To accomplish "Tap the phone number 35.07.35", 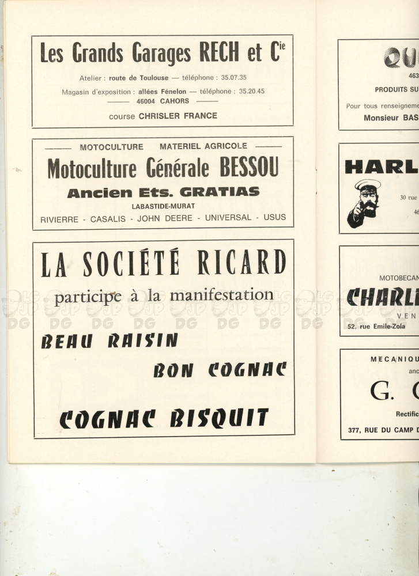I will [234, 78].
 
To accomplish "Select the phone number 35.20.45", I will [252, 91].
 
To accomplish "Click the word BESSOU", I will [249, 168].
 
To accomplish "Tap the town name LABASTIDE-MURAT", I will [163, 206].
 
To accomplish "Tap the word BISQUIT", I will [219, 418].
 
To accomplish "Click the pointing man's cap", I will [368, 186].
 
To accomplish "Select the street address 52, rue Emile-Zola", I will [376, 327].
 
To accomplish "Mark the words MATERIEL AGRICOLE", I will [203, 146].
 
